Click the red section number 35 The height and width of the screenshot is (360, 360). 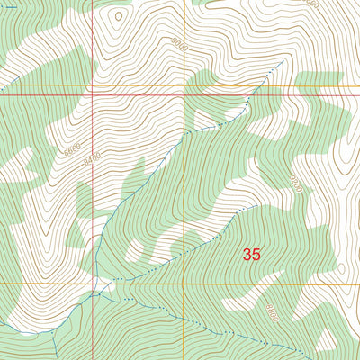click(x=251, y=255)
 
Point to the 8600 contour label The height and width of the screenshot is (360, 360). click(x=72, y=148)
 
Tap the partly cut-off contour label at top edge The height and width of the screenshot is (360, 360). click(x=310, y=4)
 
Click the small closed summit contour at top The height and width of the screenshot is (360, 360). click(x=118, y=14)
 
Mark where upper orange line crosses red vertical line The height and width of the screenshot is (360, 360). click(x=94, y=86)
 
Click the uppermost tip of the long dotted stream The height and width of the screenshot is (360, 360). click(x=283, y=62)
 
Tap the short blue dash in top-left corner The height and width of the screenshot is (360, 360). click(x=4, y=91)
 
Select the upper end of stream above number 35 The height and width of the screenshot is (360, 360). click(x=256, y=205)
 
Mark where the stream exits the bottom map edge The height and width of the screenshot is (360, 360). click(x=54, y=357)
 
